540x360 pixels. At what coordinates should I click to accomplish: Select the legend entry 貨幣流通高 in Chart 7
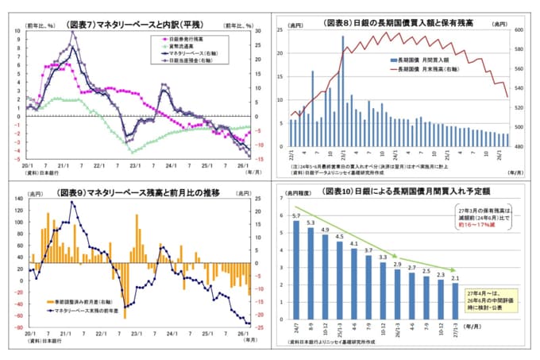pyautogui.click(x=180, y=45)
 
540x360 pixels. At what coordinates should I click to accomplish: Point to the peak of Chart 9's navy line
pyautogui.click(x=72, y=202)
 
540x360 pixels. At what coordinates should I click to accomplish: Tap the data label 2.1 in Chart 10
pyautogui.click(x=453, y=277)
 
